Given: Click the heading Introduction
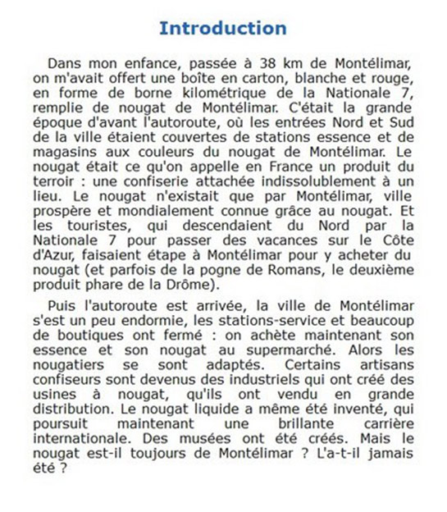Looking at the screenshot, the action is [x=222, y=29].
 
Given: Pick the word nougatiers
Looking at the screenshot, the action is [x=71, y=365].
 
